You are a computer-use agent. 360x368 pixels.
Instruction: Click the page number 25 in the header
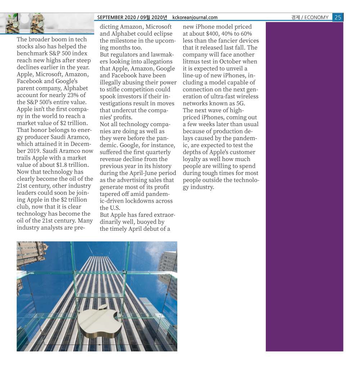pos(337,17)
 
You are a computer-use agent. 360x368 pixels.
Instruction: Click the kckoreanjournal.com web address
pos(195,17)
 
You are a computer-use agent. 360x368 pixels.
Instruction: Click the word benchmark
pos(32,54)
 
